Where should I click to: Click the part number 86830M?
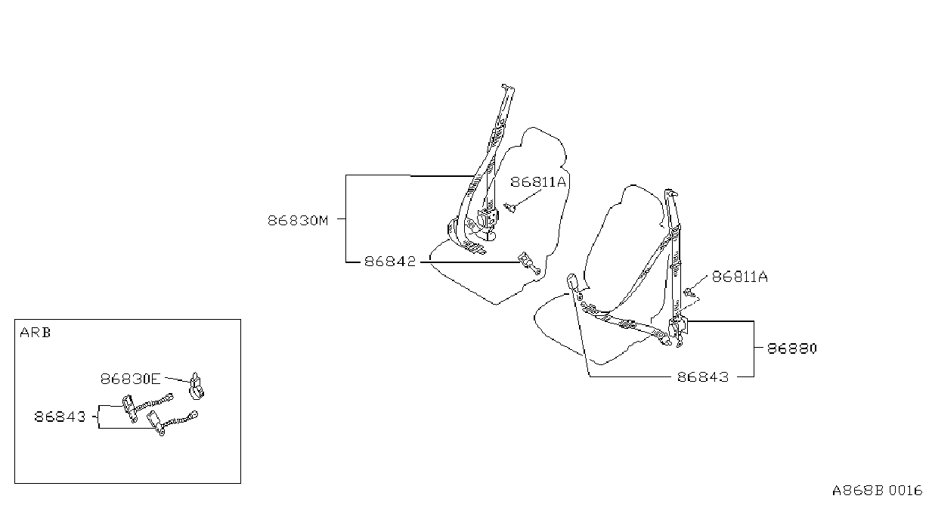pos(298,220)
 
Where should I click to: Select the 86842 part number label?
pos(390,262)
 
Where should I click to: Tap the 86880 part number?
pos(791,348)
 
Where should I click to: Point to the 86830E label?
pos(130,379)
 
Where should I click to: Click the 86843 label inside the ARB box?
pos(60,417)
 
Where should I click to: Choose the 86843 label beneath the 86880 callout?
pos(703,377)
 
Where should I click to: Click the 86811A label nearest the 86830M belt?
pos(538,182)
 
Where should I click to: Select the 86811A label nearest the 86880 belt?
pos(740,277)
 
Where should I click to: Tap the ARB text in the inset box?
pos(36,333)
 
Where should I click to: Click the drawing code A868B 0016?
pos(877,491)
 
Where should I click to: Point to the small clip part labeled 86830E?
pos(197,386)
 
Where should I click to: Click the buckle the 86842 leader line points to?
pos(529,263)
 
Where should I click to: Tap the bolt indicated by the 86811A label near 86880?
pos(689,293)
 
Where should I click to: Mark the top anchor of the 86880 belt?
pos(670,193)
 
